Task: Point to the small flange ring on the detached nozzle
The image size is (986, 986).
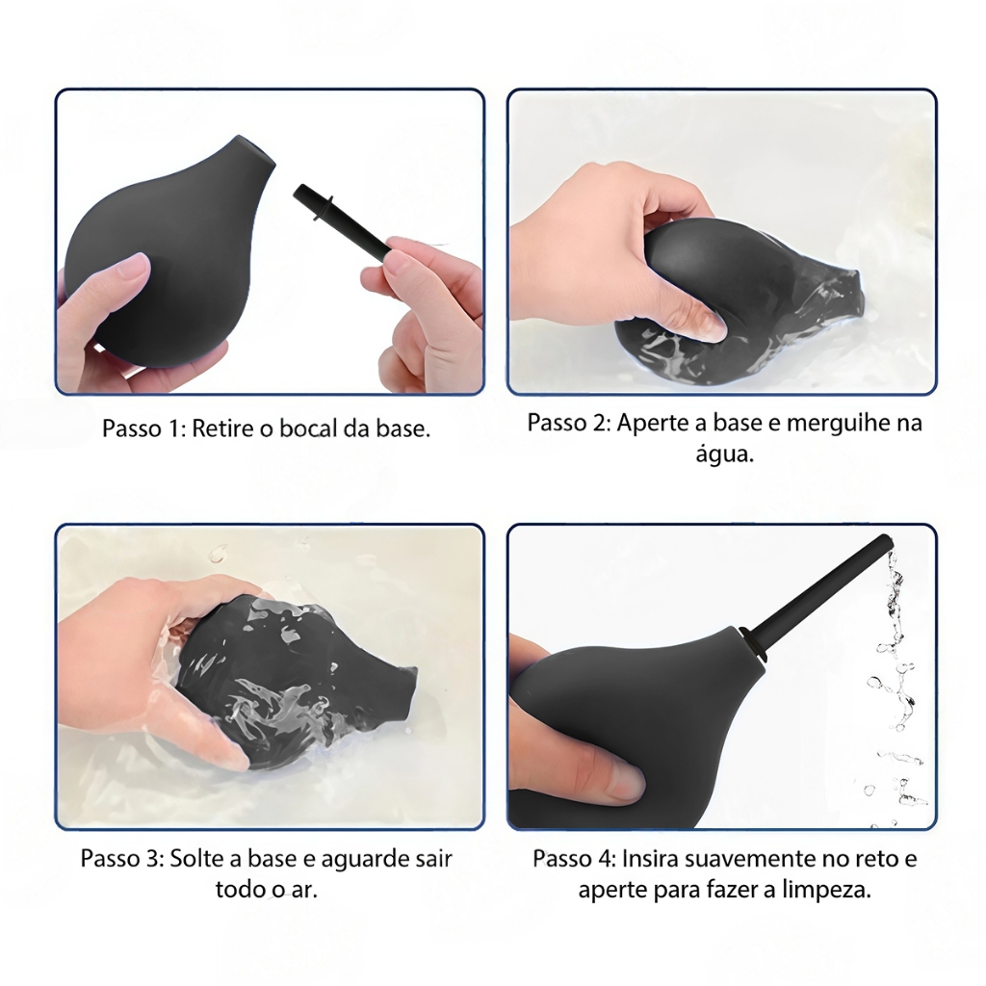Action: pos(322,209)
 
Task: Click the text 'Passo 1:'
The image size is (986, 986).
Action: pos(143,428)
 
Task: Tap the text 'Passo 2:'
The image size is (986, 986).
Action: pos(569,423)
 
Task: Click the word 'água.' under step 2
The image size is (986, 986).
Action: pos(724,454)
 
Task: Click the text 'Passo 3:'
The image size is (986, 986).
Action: pos(122,858)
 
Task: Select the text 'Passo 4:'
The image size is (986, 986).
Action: pos(575,858)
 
